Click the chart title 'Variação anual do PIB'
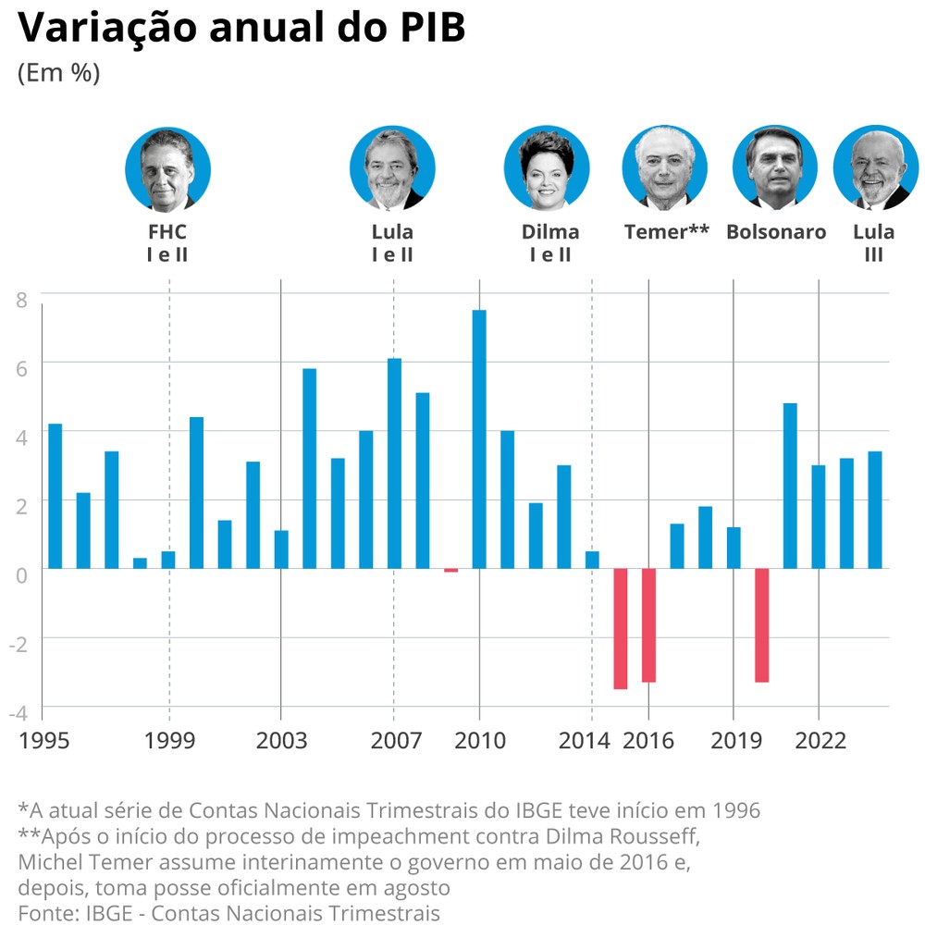pos(240,28)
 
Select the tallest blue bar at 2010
pos(479,438)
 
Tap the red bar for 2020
pos(762,624)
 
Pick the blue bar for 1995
pos(55,496)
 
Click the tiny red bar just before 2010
pos(450,571)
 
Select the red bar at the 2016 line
pos(648,624)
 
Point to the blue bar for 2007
pos(394,462)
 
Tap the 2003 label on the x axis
pos(281,741)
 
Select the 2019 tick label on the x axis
pos(734,741)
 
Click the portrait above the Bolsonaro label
pos(775,167)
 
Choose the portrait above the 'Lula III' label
pos(874,167)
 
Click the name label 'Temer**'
pos(666,232)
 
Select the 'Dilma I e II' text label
pos(550,242)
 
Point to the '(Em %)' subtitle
pos(58,73)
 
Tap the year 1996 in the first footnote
pos(735,810)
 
